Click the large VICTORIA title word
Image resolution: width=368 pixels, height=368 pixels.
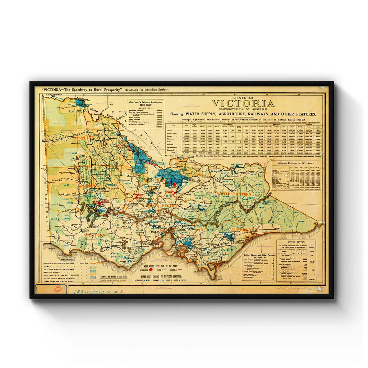pos(243,103)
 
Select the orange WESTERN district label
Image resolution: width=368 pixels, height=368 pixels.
pos(95,235)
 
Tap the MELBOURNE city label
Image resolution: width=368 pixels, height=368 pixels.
pos(169,232)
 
